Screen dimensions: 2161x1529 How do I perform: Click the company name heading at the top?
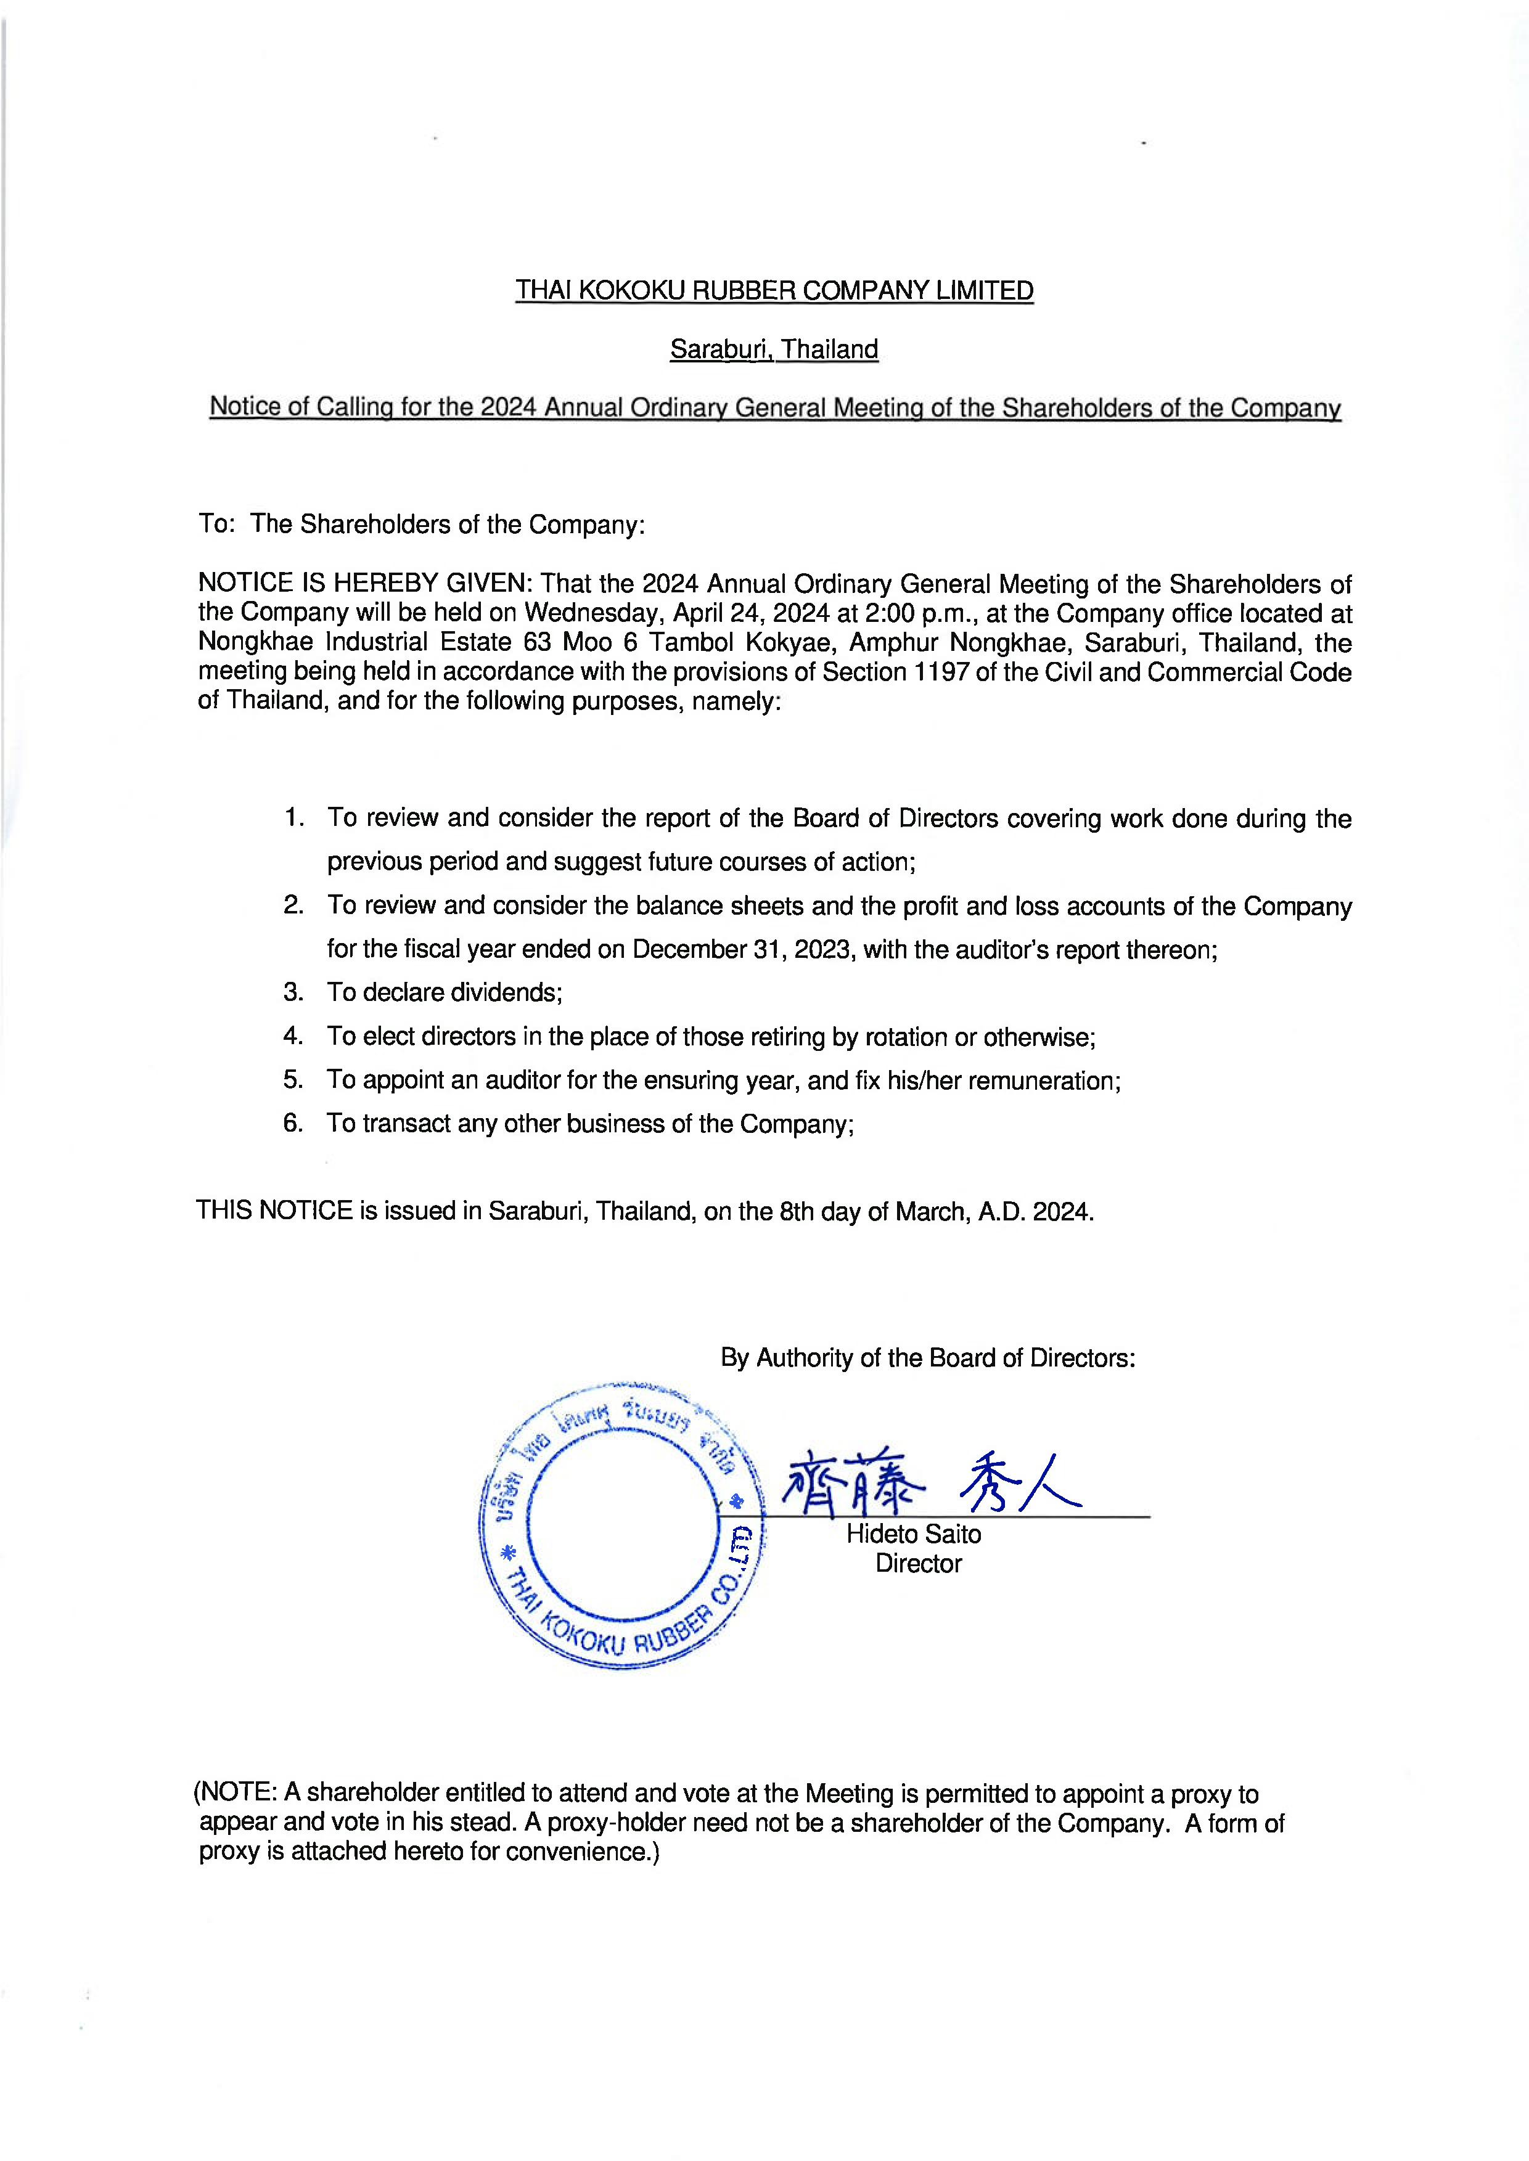click(x=773, y=291)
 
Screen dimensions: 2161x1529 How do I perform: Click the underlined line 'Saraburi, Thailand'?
click(x=773, y=349)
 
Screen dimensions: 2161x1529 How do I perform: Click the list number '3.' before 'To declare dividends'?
click(x=293, y=992)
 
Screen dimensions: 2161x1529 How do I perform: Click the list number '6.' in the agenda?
click(x=293, y=1123)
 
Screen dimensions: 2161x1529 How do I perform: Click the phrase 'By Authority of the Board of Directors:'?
click(x=927, y=1357)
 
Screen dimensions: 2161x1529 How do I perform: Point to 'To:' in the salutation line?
click(x=216, y=525)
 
